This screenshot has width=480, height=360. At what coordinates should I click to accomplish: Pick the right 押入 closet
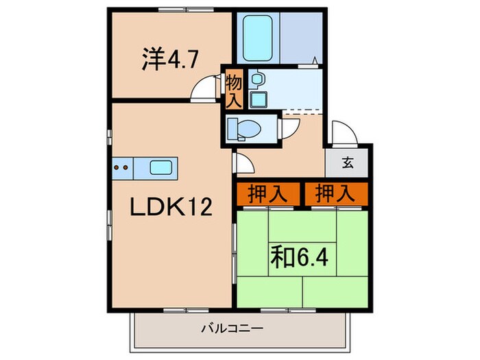335,194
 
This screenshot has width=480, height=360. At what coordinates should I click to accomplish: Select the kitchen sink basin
163,167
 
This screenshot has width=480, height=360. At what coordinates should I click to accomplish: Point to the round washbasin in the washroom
256,80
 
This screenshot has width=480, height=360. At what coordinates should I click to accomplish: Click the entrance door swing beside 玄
341,134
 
